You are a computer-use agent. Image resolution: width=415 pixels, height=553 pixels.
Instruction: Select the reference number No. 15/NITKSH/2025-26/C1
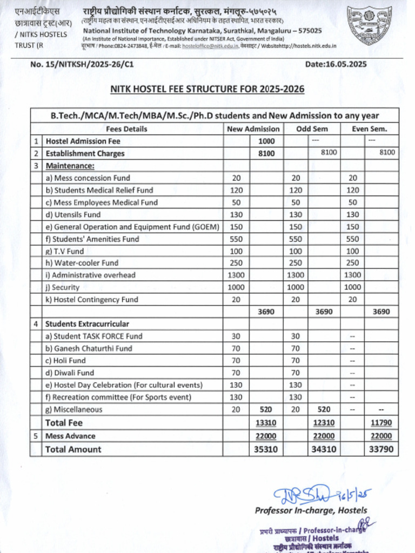tap(82, 64)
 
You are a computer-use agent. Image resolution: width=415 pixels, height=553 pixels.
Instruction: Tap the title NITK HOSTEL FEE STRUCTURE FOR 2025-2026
tap(207, 89)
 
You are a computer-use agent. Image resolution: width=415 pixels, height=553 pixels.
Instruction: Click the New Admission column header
tap(253, 129)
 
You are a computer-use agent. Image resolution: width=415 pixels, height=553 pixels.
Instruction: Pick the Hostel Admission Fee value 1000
tap(266, 141)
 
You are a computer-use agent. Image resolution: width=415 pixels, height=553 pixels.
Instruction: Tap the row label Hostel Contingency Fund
tap(92, 299)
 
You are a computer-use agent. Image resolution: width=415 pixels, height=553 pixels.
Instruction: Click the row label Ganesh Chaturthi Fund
tap(89, 348)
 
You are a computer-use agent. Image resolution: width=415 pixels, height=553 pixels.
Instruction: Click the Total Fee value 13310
tap(266, 423)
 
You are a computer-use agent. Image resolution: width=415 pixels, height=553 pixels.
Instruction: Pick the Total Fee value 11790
tap(381, 423)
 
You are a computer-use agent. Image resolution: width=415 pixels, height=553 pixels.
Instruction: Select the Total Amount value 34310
tap(323, 449)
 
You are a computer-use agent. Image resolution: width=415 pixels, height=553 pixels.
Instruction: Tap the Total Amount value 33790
tap(381, 449)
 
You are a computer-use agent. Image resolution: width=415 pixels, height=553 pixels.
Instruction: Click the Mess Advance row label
tap(66, 436)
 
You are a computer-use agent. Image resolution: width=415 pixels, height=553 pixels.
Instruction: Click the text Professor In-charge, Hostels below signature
tap(311, 510)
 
